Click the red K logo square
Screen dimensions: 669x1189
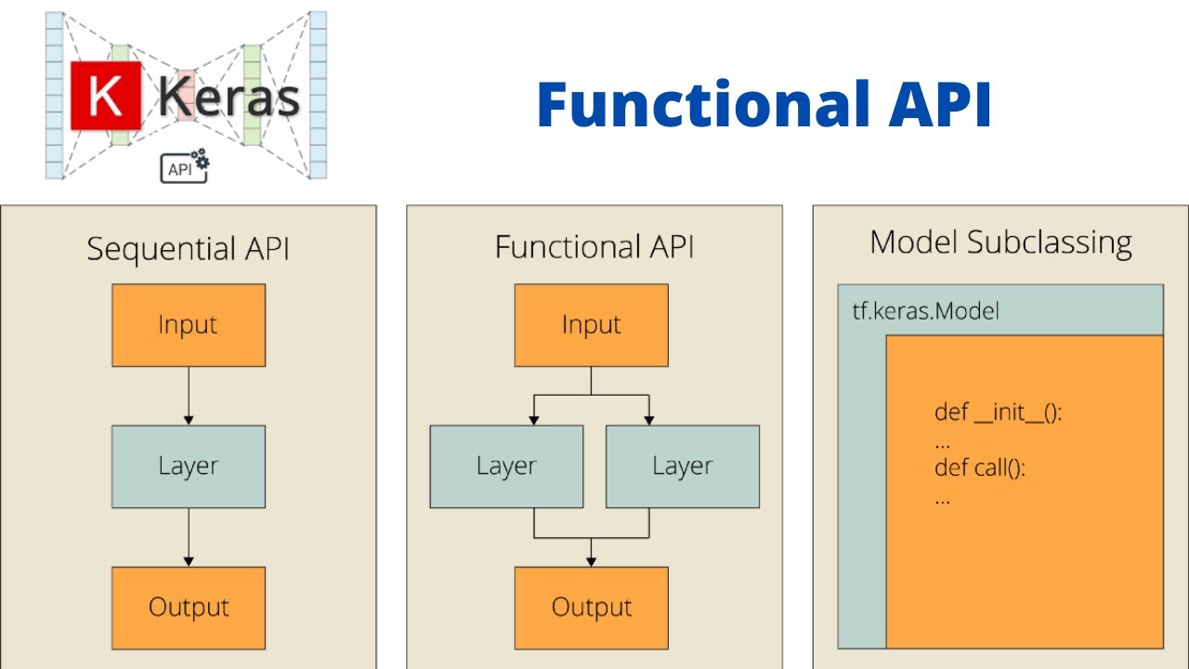click(x=106, y=95)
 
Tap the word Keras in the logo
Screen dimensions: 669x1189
click(x=229, y=97)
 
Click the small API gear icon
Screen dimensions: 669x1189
click(x=185, y=167)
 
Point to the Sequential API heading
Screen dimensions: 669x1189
click(x=188, y=249)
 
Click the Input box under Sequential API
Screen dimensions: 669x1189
click(x=189, y=325)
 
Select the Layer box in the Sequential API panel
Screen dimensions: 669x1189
click(x=189, y=466)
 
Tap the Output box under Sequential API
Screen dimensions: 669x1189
click(x=189, y=608)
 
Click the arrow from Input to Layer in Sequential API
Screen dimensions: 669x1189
click(x=189, y=396)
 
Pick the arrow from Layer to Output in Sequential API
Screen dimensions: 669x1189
click(x=189, y=537)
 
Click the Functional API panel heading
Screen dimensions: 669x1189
click(x=594, y=247)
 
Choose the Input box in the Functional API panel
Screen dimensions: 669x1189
click(x=592, y=325)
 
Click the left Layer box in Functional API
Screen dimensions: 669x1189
click(x=506, y=466)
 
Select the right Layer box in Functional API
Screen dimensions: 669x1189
click(x=683, y=466)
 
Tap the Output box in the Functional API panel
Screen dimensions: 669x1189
click(x=592, y=608)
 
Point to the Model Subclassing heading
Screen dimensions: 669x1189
click(x=1000, y=243)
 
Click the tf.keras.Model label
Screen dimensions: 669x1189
click(x=925, y=311)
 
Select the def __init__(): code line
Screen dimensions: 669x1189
click(x=998, y=413)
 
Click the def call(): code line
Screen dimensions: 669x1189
click(x=979, y=467)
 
